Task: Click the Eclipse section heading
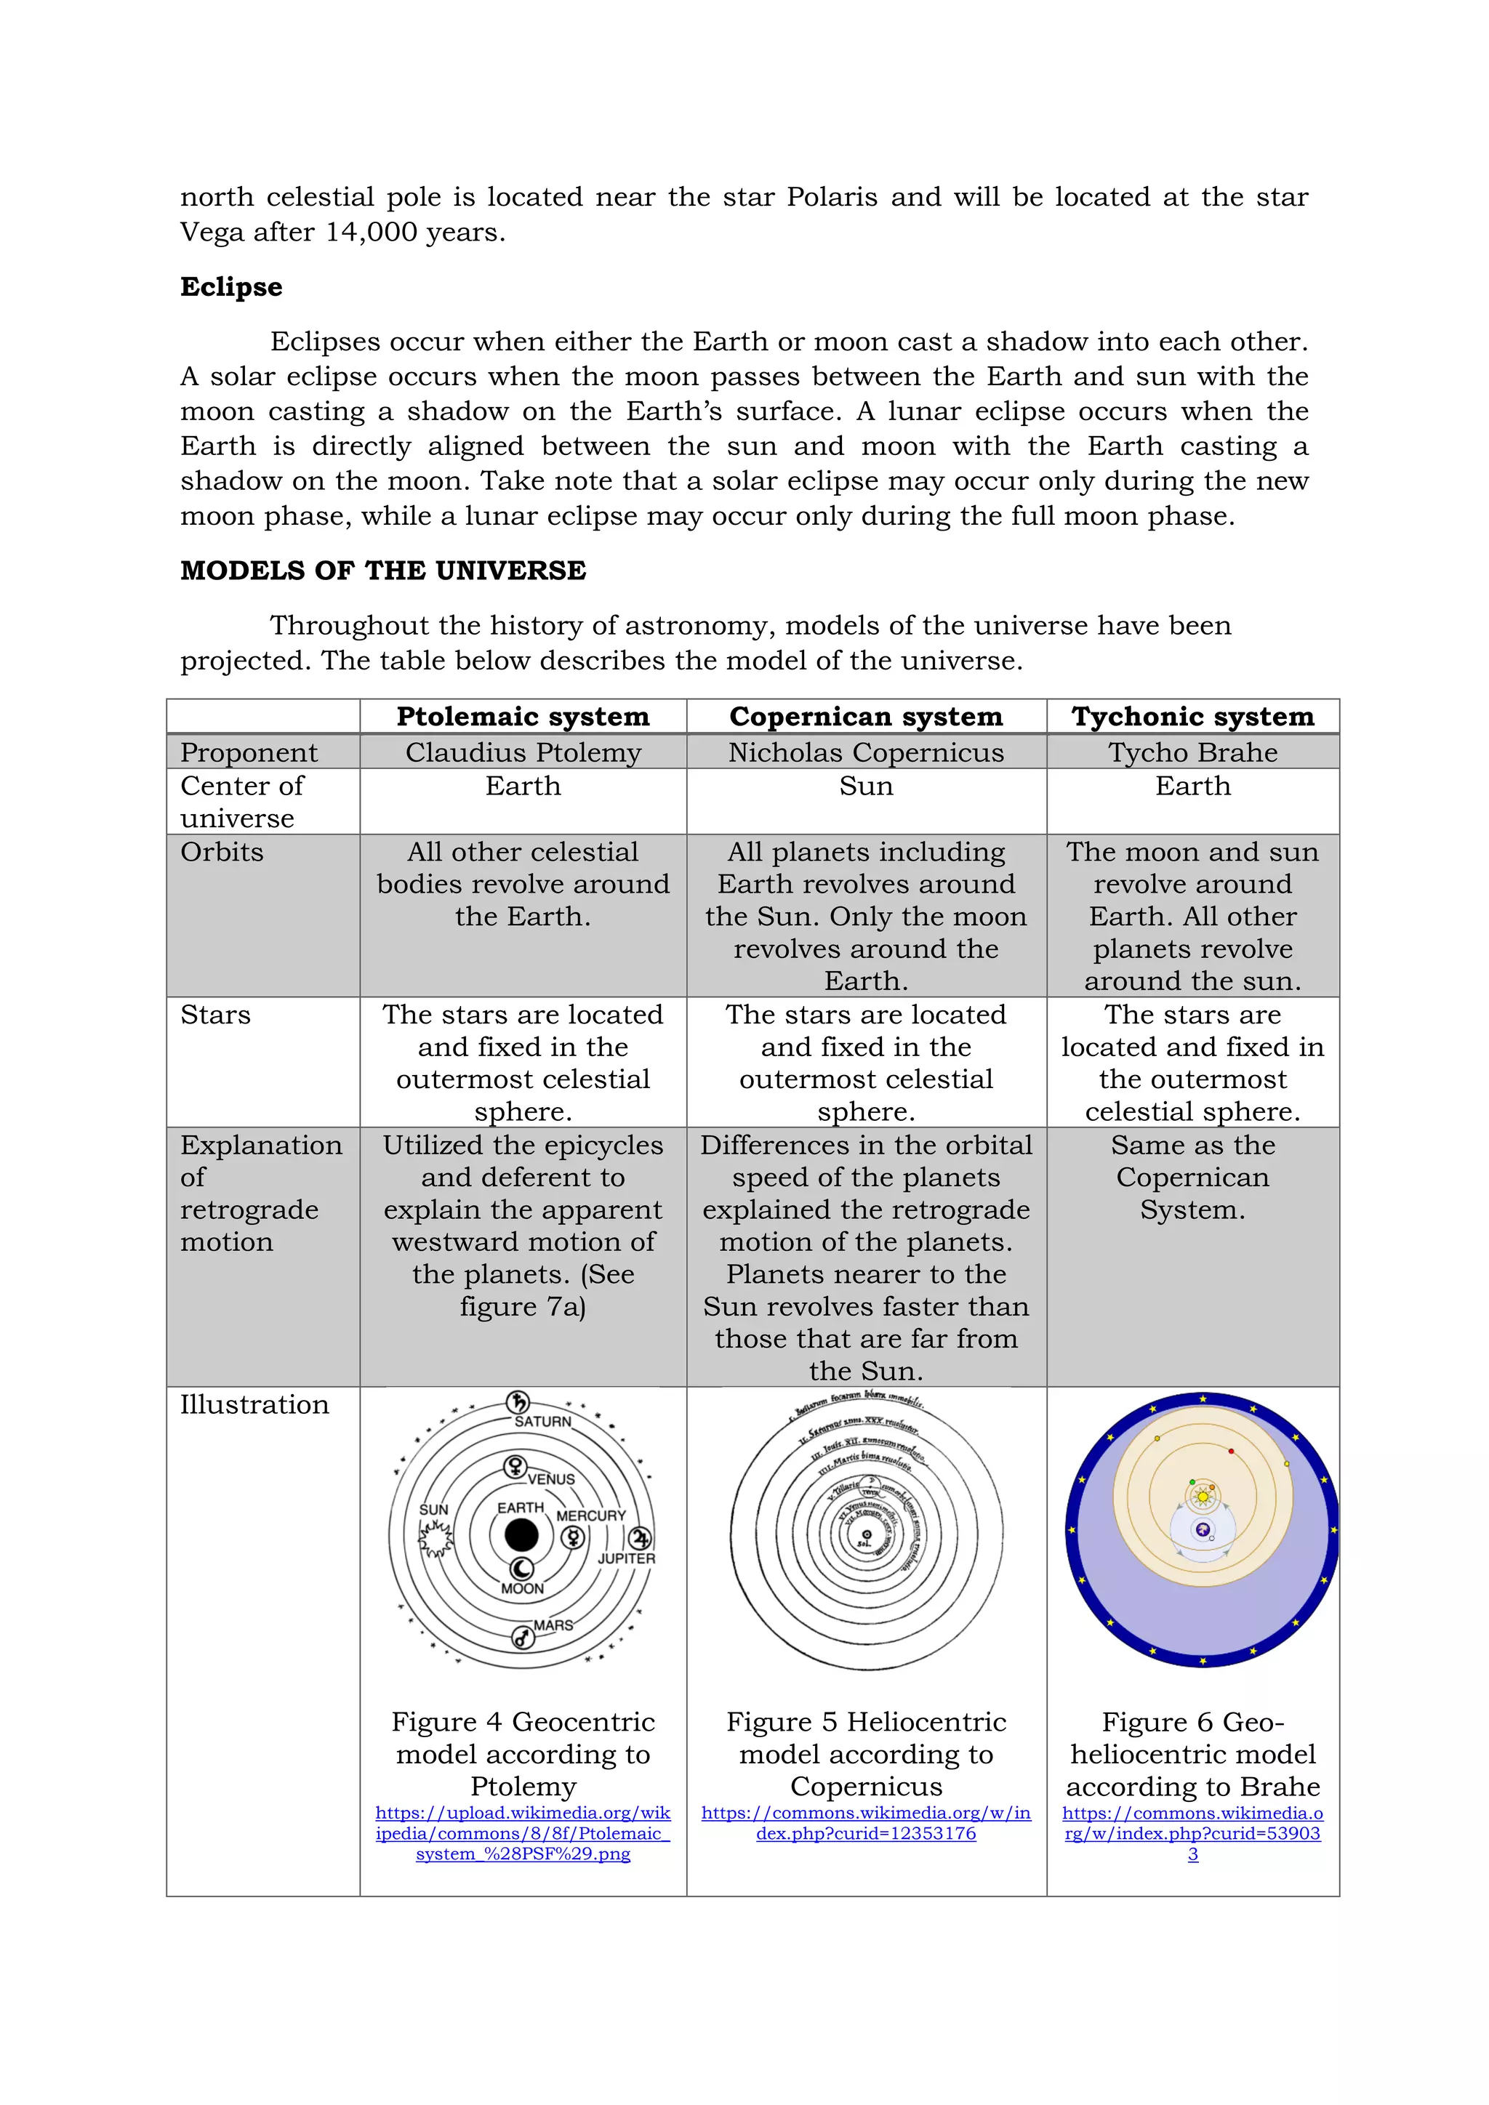[231, 287]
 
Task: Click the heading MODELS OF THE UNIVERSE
[382, 571]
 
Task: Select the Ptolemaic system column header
[523, 716]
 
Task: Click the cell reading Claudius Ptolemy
[523, 753]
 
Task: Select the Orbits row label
[222, 853]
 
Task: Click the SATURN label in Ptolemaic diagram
[543, 1422]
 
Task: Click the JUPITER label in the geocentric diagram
[626, 1558]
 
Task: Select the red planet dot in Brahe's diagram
[1230, 1452]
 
